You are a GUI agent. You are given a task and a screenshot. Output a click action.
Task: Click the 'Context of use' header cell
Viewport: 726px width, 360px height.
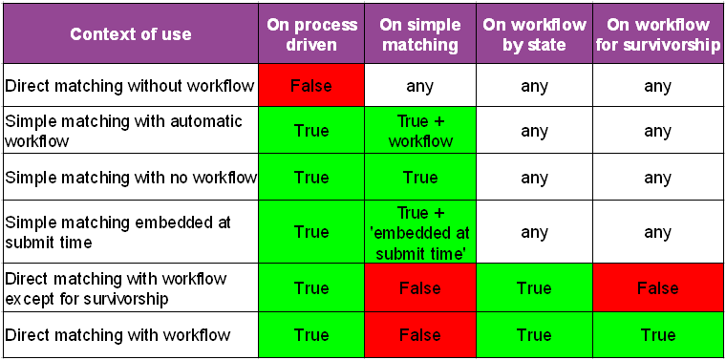(x=131, y=34)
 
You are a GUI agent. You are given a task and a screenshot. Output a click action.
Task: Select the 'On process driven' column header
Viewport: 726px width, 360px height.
(x=311, y=34)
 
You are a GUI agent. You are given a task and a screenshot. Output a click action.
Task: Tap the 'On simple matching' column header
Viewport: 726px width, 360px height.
(x=420, y=34)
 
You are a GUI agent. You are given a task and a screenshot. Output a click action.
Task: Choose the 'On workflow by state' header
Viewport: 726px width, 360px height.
(x=534, y=34)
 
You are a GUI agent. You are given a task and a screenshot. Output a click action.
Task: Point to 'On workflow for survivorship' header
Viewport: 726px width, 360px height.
(x=657, y=34)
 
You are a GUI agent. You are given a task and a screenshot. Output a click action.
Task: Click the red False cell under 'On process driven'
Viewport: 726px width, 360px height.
(x=311, y=86)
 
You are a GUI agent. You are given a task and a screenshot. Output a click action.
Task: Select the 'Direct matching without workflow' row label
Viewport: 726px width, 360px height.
(x=130, y=86)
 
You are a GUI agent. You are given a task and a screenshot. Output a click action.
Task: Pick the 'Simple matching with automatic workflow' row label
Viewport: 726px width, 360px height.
(x=124, y=131)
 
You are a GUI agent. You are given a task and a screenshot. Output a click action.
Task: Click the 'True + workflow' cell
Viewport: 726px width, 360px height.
(x=420, y=131)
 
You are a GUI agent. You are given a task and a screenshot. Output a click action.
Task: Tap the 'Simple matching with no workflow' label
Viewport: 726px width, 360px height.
(x=130, y=178)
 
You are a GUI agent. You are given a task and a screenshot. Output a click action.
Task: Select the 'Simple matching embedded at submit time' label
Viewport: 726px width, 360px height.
(x=118, y=232)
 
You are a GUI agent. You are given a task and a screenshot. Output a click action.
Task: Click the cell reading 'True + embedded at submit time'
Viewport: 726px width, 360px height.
(x=420, y=232)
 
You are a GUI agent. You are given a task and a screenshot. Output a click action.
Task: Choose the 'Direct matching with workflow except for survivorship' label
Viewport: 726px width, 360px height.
(x=116, y=288)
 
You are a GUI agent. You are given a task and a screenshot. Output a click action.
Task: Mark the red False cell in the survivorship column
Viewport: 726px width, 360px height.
(x=657, y=287)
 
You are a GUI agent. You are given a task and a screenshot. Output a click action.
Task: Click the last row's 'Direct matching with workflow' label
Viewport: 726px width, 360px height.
(x=117, y=334)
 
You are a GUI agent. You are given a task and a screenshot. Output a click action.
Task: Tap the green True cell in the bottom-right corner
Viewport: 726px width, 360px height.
(x=657, y=334)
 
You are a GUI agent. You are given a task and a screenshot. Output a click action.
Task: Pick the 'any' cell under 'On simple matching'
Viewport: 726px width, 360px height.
(x=420, y=86)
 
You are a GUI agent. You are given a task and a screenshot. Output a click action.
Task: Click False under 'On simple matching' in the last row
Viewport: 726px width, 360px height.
(x=420, y=334)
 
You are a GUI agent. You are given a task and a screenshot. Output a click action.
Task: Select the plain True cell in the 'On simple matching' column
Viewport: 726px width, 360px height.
(x=420, y=177)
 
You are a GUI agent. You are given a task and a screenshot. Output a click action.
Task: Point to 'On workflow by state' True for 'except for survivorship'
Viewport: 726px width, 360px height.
(x=534, y=287)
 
